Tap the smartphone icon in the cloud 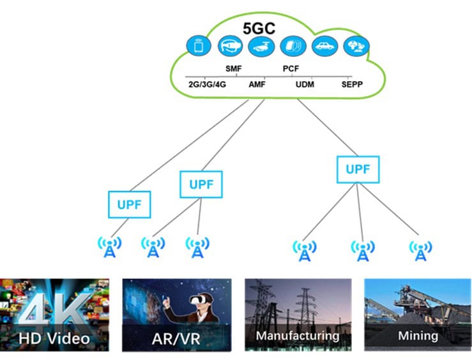pyautogui.click(x=199, y=47)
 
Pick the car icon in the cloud pyautogui.click(x=323, y=47)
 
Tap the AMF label pyautogui.click(x=257, y=84)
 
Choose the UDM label pyautogui.click(x=305, y=84)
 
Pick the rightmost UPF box pyautogui.click(x=358, y=170)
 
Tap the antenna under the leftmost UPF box pyautogui.click(x=110, y=248)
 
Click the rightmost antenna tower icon pyautogui.click(x=420, y=250)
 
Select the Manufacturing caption pyautogui.click(x=297, y=335)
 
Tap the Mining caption pyautogui.click(x=418, y=335)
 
